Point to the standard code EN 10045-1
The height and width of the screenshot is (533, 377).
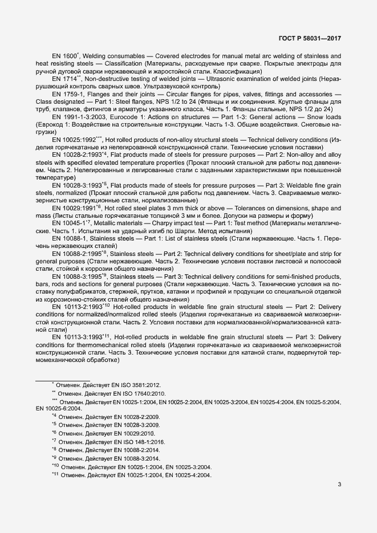(x=68, y=223)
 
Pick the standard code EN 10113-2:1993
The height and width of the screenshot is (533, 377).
(x=76, y=306)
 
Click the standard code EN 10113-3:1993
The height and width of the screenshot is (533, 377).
(x=76, y=337)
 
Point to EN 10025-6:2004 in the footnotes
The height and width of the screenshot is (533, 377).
(x=59, y=409)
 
